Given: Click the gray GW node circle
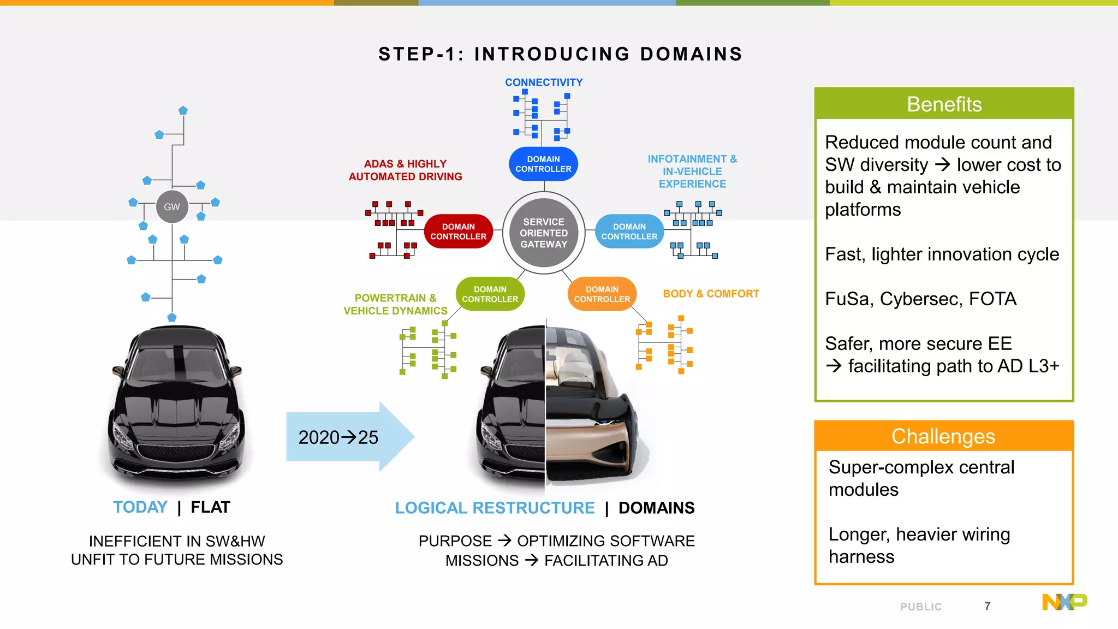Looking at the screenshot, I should pos(172,207).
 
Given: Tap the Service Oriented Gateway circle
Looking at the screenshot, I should pos(544,233).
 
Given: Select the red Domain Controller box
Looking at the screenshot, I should pos(458,232).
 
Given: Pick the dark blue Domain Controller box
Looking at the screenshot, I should pos(543,164).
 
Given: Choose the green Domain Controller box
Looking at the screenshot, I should pos(490,294).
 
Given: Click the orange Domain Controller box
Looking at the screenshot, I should pos(602,294).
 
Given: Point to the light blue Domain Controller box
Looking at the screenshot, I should pos(629,232).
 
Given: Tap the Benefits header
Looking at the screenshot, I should pos(944,104).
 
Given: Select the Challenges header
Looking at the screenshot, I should pos(943,436).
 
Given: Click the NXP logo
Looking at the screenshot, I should pos(1064,602).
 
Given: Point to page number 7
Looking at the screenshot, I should pos(987,606).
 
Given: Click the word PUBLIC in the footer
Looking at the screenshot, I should pos(921,607).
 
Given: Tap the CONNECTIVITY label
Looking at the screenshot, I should pos(544,82).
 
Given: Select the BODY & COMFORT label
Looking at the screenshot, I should pos(711,294).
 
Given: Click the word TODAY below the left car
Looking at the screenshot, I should pos(140,507).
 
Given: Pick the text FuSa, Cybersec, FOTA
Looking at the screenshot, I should pos(920,299).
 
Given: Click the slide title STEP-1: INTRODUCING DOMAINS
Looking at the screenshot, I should pos(560,54).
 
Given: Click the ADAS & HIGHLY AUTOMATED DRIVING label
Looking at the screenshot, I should pos(405,170).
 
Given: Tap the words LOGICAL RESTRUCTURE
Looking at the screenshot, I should pos(495,508).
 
